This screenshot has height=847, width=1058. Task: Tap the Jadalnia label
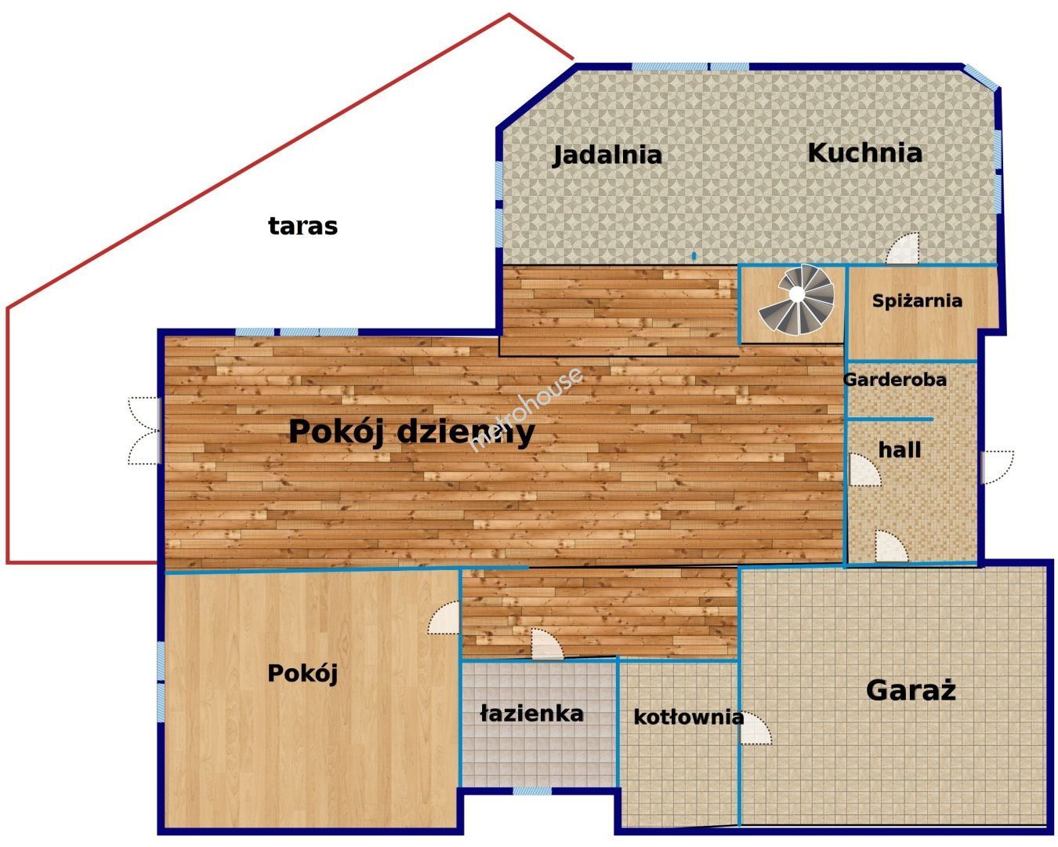coord(607,155)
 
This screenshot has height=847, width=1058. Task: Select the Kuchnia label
coord(864,153)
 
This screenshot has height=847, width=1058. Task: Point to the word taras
coord(303,227)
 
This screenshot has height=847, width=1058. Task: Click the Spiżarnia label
coord(917,300)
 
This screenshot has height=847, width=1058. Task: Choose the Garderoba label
coord(895,380)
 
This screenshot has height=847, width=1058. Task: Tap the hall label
coord(900,450)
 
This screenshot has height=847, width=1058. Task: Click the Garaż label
coord(911,690)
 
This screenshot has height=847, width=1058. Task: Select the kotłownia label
coord(688,718)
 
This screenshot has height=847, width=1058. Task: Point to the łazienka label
coord(532,714)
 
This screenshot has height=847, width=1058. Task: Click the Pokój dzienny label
coord(411,432)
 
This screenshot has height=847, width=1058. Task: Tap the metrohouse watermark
coord(526,409)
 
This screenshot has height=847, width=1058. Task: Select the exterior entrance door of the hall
coord(997,467)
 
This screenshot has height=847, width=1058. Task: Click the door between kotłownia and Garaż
coord(755,729)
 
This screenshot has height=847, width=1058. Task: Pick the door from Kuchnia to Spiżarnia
coord(903,249)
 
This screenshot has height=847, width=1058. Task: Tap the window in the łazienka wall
coord(532,791)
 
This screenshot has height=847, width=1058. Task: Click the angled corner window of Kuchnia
coord(980,78)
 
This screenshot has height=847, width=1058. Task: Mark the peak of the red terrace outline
coord(509,14)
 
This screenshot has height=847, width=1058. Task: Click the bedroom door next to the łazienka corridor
coord(444,618)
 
